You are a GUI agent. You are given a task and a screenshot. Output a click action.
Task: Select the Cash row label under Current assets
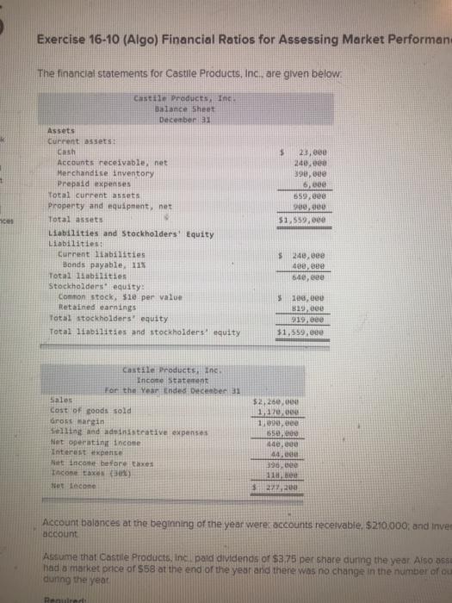(68, 152)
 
